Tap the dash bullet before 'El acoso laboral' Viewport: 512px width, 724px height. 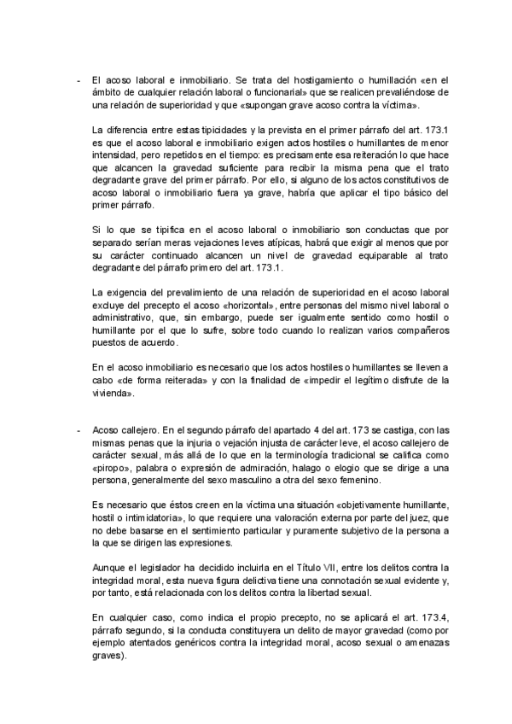click(78, 79)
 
